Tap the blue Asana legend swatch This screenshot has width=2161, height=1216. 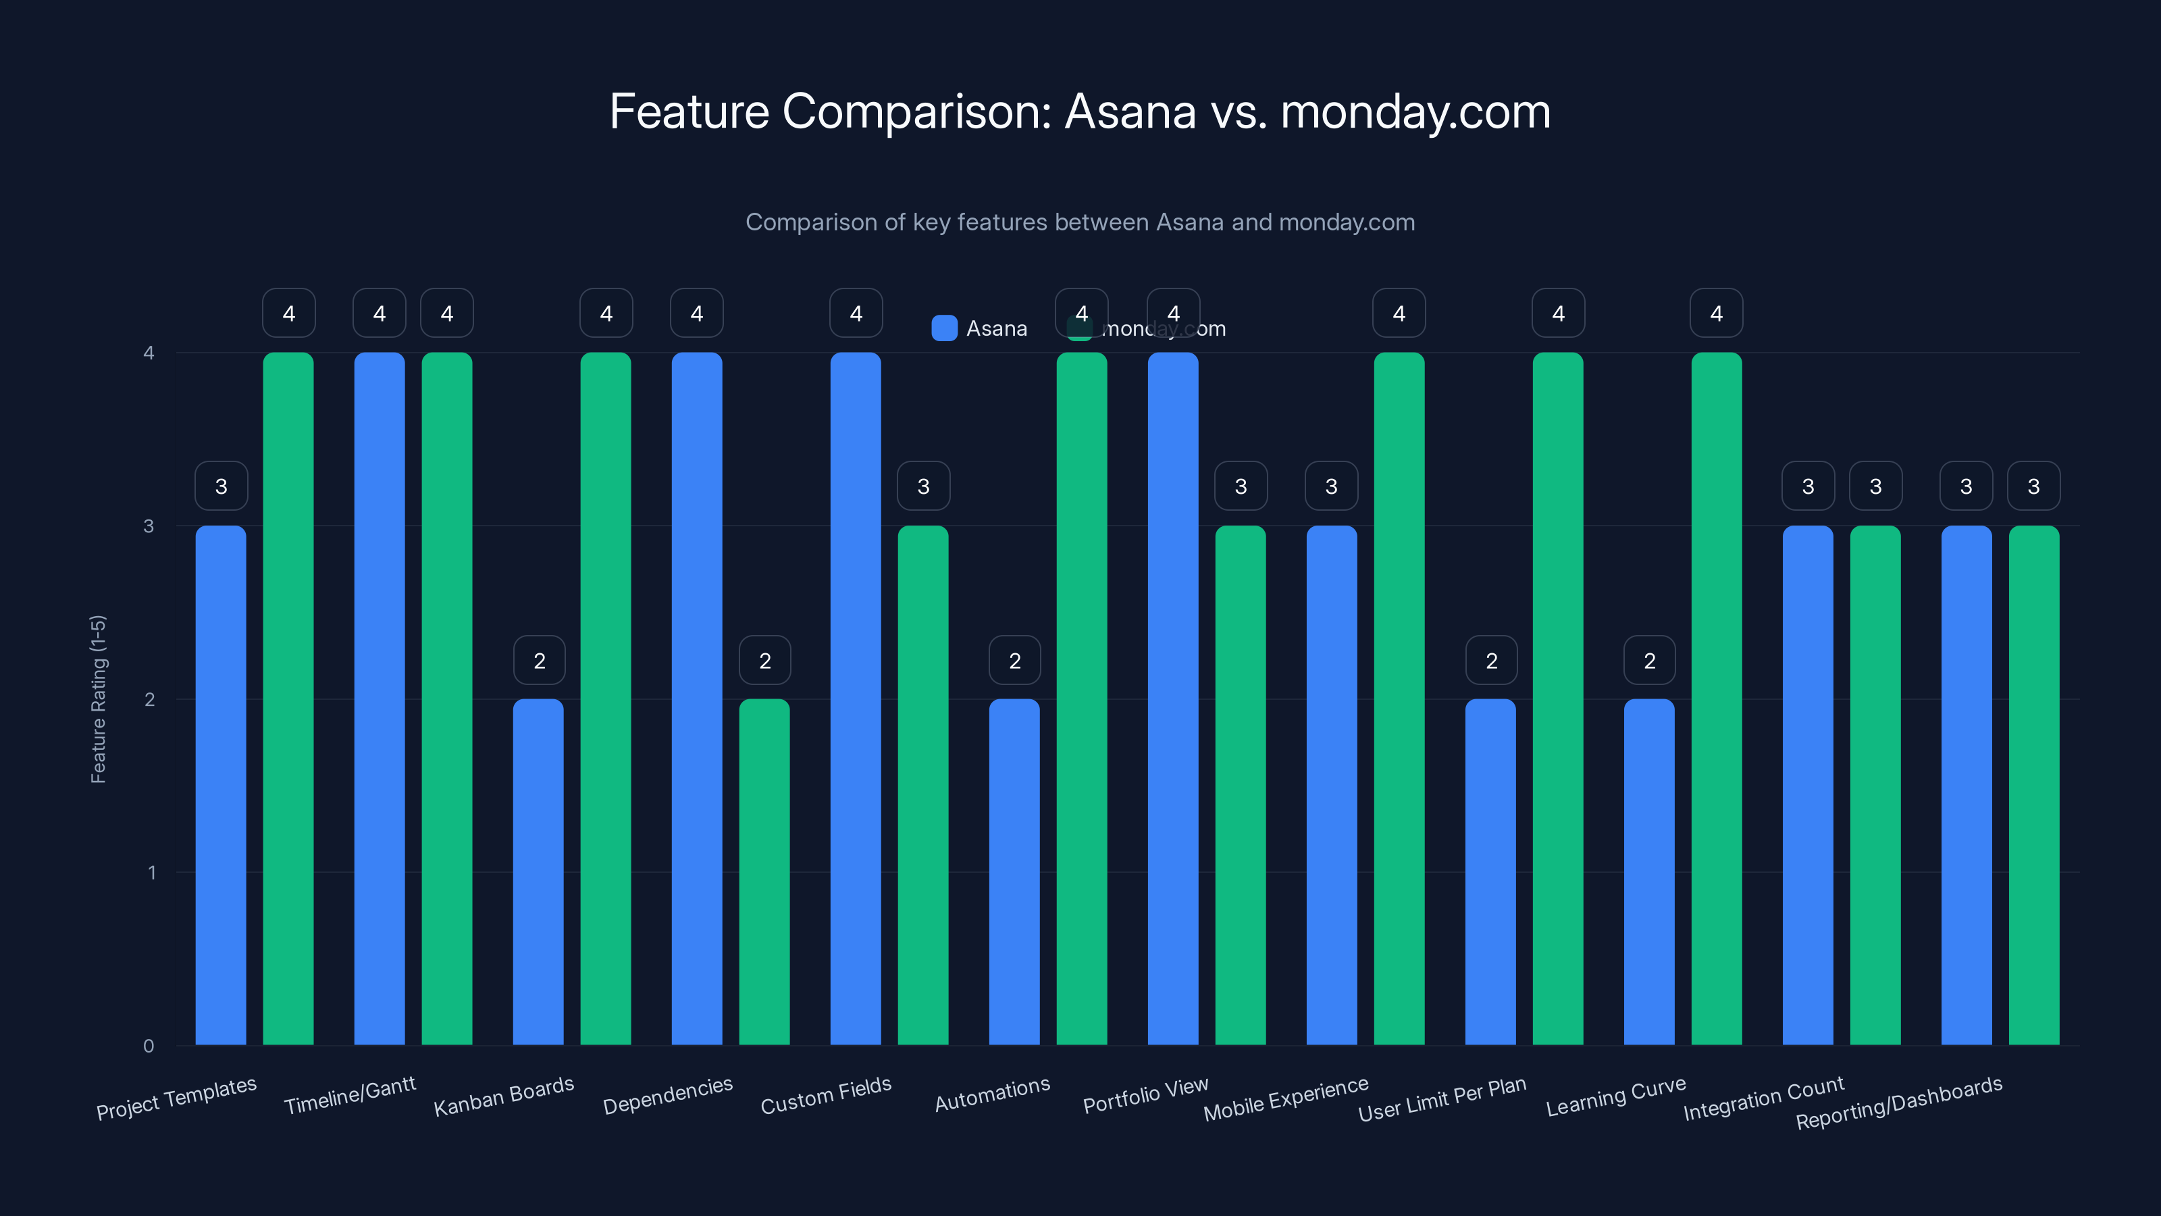pos(945,328)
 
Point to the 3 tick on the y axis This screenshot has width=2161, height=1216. pos(149,526)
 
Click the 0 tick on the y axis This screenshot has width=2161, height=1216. pos(149,1046)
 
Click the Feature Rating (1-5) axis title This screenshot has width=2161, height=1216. pos(98,699)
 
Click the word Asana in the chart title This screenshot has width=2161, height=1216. pos(1130,111)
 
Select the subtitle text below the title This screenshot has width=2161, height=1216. pos(1080,222)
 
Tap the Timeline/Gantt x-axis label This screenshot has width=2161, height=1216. pos(350,1096)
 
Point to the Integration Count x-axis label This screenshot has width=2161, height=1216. pos(1763,1098)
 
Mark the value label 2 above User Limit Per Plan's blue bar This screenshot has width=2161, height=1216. pos(1490,661)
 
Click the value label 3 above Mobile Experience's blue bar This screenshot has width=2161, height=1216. pos(1331,486)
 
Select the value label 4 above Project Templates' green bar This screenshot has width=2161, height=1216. pos(288,314)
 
